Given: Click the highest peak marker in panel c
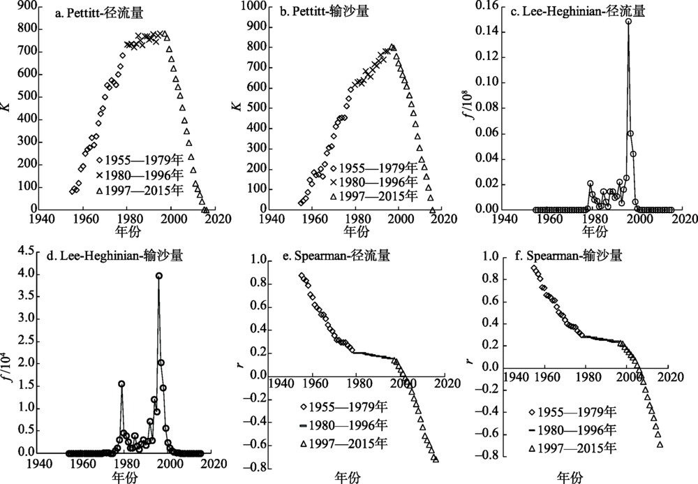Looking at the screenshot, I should tap(628, 22).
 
